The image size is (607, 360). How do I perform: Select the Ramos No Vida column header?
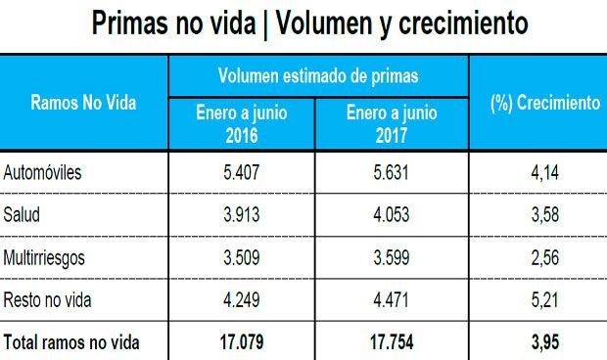tap(84, 103)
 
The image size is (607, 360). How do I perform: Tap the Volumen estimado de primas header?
tap(319, 74)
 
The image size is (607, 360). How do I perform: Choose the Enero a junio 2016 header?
tap(242, 123)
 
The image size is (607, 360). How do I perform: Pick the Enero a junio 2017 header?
tap(392, 123)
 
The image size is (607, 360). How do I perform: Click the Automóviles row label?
tap(44, 173)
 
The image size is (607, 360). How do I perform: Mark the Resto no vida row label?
tap(48, 299)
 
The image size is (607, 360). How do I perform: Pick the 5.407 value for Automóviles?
tap(242, 173)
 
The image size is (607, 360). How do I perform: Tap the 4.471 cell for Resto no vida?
tap(392, 299)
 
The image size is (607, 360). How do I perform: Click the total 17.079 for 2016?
tap(242, 342)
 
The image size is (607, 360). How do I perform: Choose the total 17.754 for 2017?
tap(392, 342)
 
